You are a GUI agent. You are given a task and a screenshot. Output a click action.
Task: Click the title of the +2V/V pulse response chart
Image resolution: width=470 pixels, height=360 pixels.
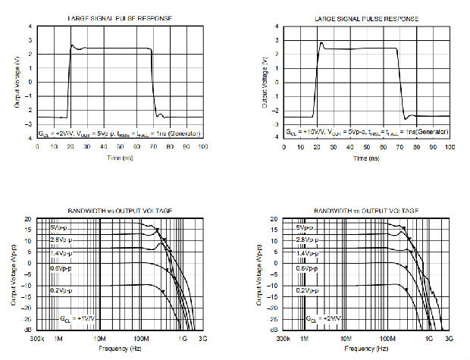coord(120,18)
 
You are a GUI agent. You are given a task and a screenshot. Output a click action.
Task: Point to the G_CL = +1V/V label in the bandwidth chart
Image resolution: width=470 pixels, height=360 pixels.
coord(76,318)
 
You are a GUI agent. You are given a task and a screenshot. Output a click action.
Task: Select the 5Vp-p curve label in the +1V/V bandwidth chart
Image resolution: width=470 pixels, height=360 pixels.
coord(58,227)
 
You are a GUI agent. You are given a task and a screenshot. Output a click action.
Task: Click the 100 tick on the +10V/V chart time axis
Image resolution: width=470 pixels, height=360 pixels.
coord(450,147)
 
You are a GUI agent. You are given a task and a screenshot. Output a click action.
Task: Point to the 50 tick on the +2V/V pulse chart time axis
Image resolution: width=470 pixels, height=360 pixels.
coord(120,147)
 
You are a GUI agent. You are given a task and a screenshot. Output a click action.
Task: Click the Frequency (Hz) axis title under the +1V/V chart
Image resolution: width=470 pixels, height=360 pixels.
coord(120,349)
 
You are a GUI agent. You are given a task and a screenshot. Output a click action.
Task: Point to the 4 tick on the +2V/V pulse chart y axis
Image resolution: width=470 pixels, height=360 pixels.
coord(30,27)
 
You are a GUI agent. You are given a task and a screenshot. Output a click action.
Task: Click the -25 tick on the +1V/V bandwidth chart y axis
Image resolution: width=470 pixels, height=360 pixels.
coord(28,318)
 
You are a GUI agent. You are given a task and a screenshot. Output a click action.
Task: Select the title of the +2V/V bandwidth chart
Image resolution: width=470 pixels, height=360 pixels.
coord(367,210)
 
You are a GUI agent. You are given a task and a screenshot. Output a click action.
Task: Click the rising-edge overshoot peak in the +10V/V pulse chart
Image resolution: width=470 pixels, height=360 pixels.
coord(321,42)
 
